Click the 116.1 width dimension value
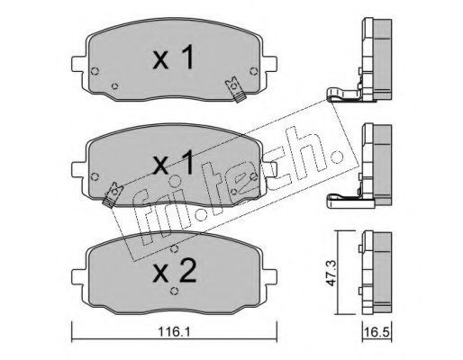[174, 332]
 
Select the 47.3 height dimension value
[331, 273]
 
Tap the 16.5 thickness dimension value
[377, 332]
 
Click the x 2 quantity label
[175, 272]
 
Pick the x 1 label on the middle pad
[173, 163]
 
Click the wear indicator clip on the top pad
[236, 89]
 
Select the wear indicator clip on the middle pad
[113, 195]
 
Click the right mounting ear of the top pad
[269, 64]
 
